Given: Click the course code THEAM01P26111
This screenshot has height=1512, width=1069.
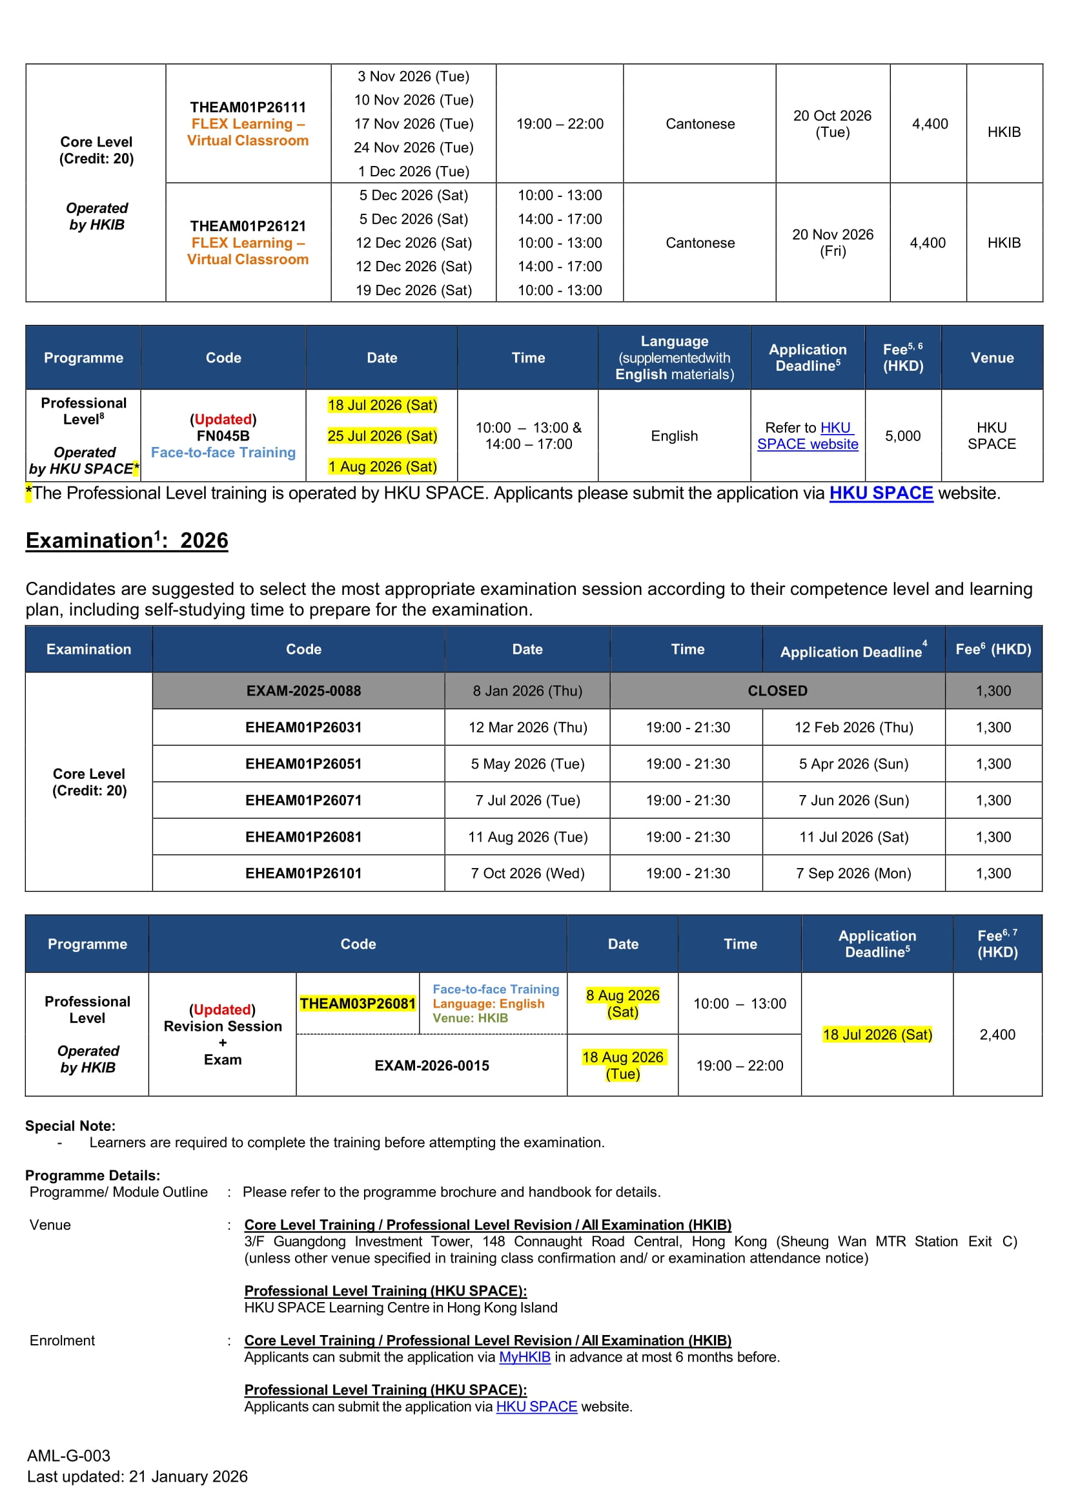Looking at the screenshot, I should pyautogui.click(x=247, y=107).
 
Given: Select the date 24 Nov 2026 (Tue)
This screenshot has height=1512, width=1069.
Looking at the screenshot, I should pyautogui.click(x=413, y=147).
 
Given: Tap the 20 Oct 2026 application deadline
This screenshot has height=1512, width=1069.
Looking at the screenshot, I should pyautogui.click(x=832, y=124).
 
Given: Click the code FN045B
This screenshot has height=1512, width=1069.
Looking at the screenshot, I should pyautogui.click(x=223, y=436).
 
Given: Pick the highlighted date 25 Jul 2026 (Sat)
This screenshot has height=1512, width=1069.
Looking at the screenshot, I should pyautogui.click(x=382, y=436).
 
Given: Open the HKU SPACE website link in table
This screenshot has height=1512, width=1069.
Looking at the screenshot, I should pyautogui.click(x=808, y=436).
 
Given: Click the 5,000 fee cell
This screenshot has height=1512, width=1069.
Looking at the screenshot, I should pyautogui.click(x=902, y=436).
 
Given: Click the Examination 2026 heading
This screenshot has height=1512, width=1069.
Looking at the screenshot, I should pyautogui.click(x=127, y=541).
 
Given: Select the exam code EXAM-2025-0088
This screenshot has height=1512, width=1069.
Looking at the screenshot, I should pyautogui.click(x=303, y=691).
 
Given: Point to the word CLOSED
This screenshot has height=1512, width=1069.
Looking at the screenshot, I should pyautogui.click(x=777, y=691).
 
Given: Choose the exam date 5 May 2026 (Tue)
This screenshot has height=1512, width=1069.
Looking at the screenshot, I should pyautogui.click(x=527, y=764).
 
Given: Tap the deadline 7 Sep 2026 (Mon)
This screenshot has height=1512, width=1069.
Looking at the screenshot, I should pyautogui.click(x=853, y=873).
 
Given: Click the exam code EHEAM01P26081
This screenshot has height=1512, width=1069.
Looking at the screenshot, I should pyautogui.click(x=303, y=837).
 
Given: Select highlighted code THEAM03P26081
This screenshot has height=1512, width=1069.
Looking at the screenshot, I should pyautogui.click(x=358, y=1004).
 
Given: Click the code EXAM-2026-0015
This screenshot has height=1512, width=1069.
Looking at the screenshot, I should pyautogui.click(x=432, y=1066).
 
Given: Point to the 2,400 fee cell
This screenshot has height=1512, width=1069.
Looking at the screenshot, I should pyautogui.click(x=997, y=1035).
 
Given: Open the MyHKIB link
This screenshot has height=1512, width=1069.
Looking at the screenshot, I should pyautogui.click(x=525, y=1357).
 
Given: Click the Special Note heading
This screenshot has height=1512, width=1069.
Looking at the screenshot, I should pyautogui.click(x=70, y=1126).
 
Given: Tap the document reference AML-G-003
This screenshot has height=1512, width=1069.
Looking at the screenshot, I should pyautogui.click(x=68, y=1455).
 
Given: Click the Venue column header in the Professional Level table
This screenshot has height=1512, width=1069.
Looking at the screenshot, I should pyautogui.click(x=992, y=358).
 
